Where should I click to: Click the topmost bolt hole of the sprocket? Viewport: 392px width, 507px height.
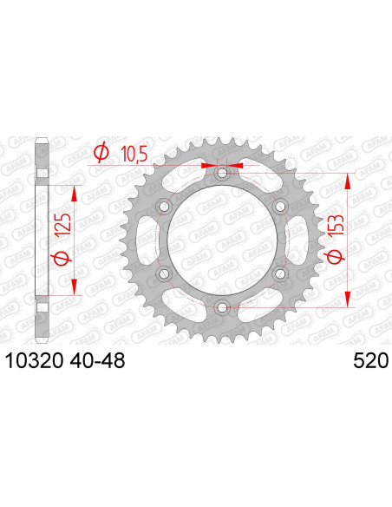[222, 174]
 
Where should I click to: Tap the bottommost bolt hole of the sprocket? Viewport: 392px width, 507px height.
[222, 306]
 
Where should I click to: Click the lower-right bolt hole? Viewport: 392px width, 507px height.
[279, 273]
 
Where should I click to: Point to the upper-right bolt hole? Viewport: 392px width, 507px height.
[279, 207]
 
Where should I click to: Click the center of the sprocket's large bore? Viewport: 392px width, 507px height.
[222, 240]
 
